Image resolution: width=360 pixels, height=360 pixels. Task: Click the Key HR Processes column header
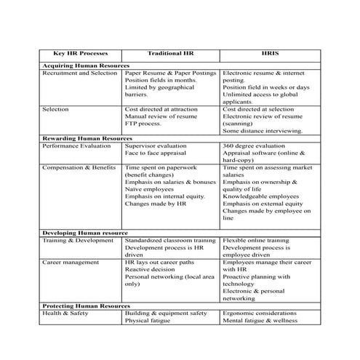78,54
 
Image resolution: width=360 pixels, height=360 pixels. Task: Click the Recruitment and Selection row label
79,73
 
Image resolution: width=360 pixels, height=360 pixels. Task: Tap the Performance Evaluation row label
76,145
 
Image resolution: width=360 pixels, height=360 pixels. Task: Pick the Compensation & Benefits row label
79,167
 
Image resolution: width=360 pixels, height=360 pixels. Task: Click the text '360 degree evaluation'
254,145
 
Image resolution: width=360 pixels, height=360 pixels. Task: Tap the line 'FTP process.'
142,124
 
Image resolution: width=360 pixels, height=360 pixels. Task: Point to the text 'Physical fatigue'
148,320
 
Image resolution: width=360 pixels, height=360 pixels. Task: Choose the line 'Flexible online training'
257,239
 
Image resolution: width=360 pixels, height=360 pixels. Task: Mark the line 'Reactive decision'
148,268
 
